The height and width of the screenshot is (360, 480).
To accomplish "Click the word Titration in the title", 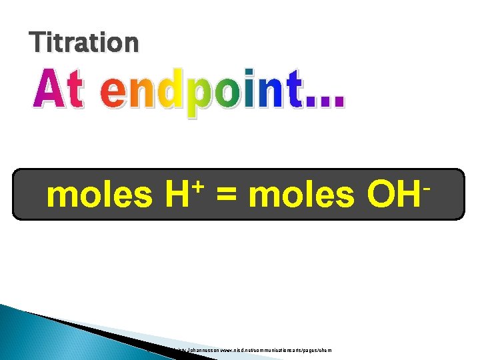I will point(84,43).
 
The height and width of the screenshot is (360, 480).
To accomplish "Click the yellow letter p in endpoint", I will point(198,99).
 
